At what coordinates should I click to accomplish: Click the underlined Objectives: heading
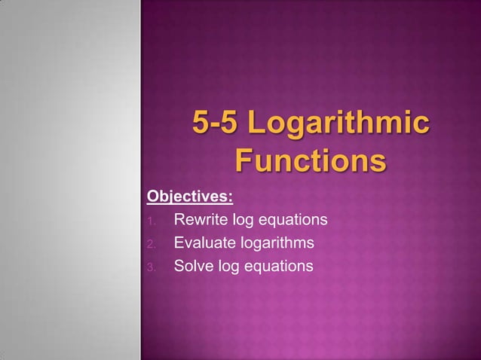189,197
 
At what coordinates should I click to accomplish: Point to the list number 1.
151,221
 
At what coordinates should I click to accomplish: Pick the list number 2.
151,244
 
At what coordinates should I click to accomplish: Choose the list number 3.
151,267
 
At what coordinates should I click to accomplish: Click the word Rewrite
200,221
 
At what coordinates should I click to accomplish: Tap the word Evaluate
204,243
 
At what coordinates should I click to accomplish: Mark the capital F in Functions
245,160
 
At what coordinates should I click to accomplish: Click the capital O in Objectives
153,197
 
